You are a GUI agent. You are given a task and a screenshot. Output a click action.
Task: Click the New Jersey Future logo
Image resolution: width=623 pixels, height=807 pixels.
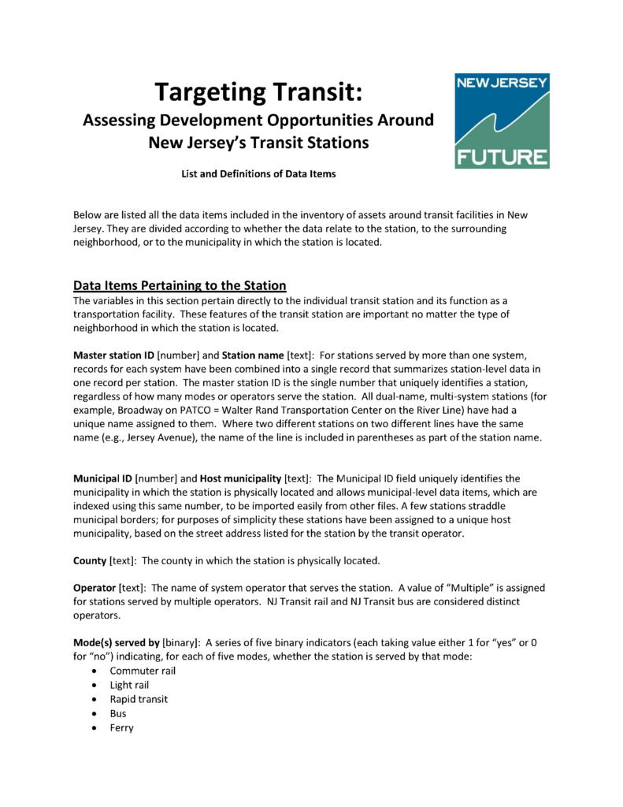(502, 121)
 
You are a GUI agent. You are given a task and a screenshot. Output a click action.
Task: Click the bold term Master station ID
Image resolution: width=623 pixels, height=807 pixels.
(114, 355)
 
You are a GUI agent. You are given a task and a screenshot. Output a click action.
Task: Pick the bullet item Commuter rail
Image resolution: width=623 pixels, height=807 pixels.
(143, 671)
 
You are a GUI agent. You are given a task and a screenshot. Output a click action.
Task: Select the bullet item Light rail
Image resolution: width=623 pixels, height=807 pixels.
(129, 685)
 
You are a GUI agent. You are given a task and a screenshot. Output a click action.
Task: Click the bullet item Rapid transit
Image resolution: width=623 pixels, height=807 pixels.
(139, 699)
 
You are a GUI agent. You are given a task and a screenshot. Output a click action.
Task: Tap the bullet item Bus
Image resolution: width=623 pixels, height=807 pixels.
(118, 713)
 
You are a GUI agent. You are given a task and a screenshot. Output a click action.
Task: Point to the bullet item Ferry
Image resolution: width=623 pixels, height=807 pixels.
(121, 727)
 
